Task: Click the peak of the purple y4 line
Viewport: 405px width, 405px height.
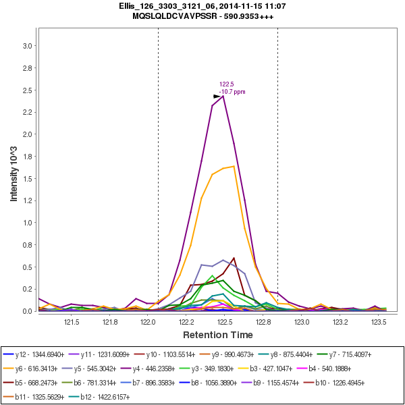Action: click(223, 96)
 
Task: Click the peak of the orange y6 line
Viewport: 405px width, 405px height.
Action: click(234, 166)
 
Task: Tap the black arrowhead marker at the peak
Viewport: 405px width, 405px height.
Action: click(217, 96)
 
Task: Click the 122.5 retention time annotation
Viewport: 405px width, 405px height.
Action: click(226, 84)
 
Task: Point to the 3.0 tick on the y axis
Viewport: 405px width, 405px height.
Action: click(28, 46)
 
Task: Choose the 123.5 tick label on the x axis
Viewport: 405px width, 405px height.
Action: click(379, 322)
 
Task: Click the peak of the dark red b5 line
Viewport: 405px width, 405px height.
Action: click(234, 258)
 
